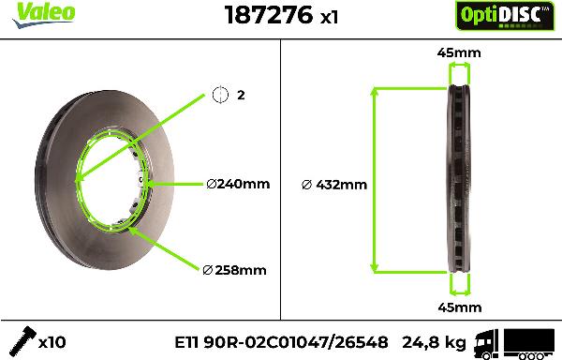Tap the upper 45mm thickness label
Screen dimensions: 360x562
(x=459, y=52)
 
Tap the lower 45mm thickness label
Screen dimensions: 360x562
(x=459, y=307)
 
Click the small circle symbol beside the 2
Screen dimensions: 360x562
(x=220, y=95)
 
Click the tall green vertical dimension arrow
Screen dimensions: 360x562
(x=376, y=179)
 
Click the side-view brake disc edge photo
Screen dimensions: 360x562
(x=458, y=178)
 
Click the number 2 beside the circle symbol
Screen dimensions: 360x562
(x=241, y=95)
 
